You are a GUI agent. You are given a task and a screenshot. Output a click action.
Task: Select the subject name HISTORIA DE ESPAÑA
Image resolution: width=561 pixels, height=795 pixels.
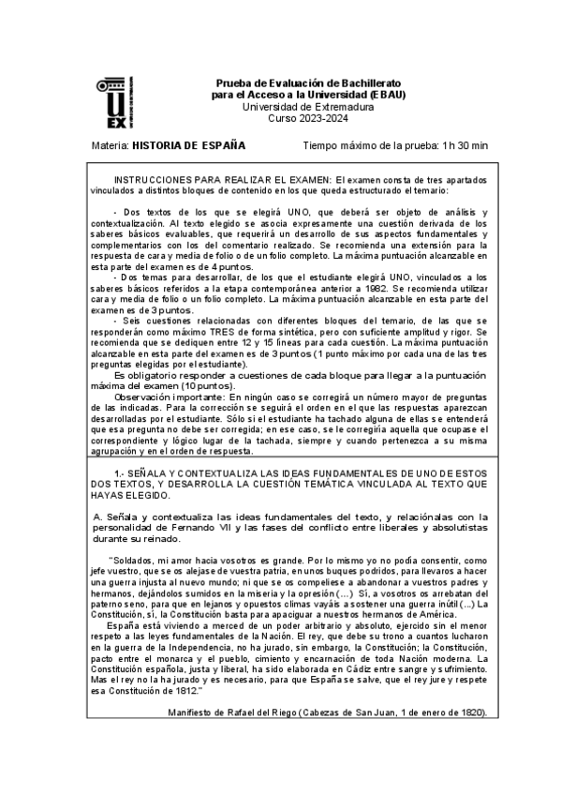click(x=188, y=145)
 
